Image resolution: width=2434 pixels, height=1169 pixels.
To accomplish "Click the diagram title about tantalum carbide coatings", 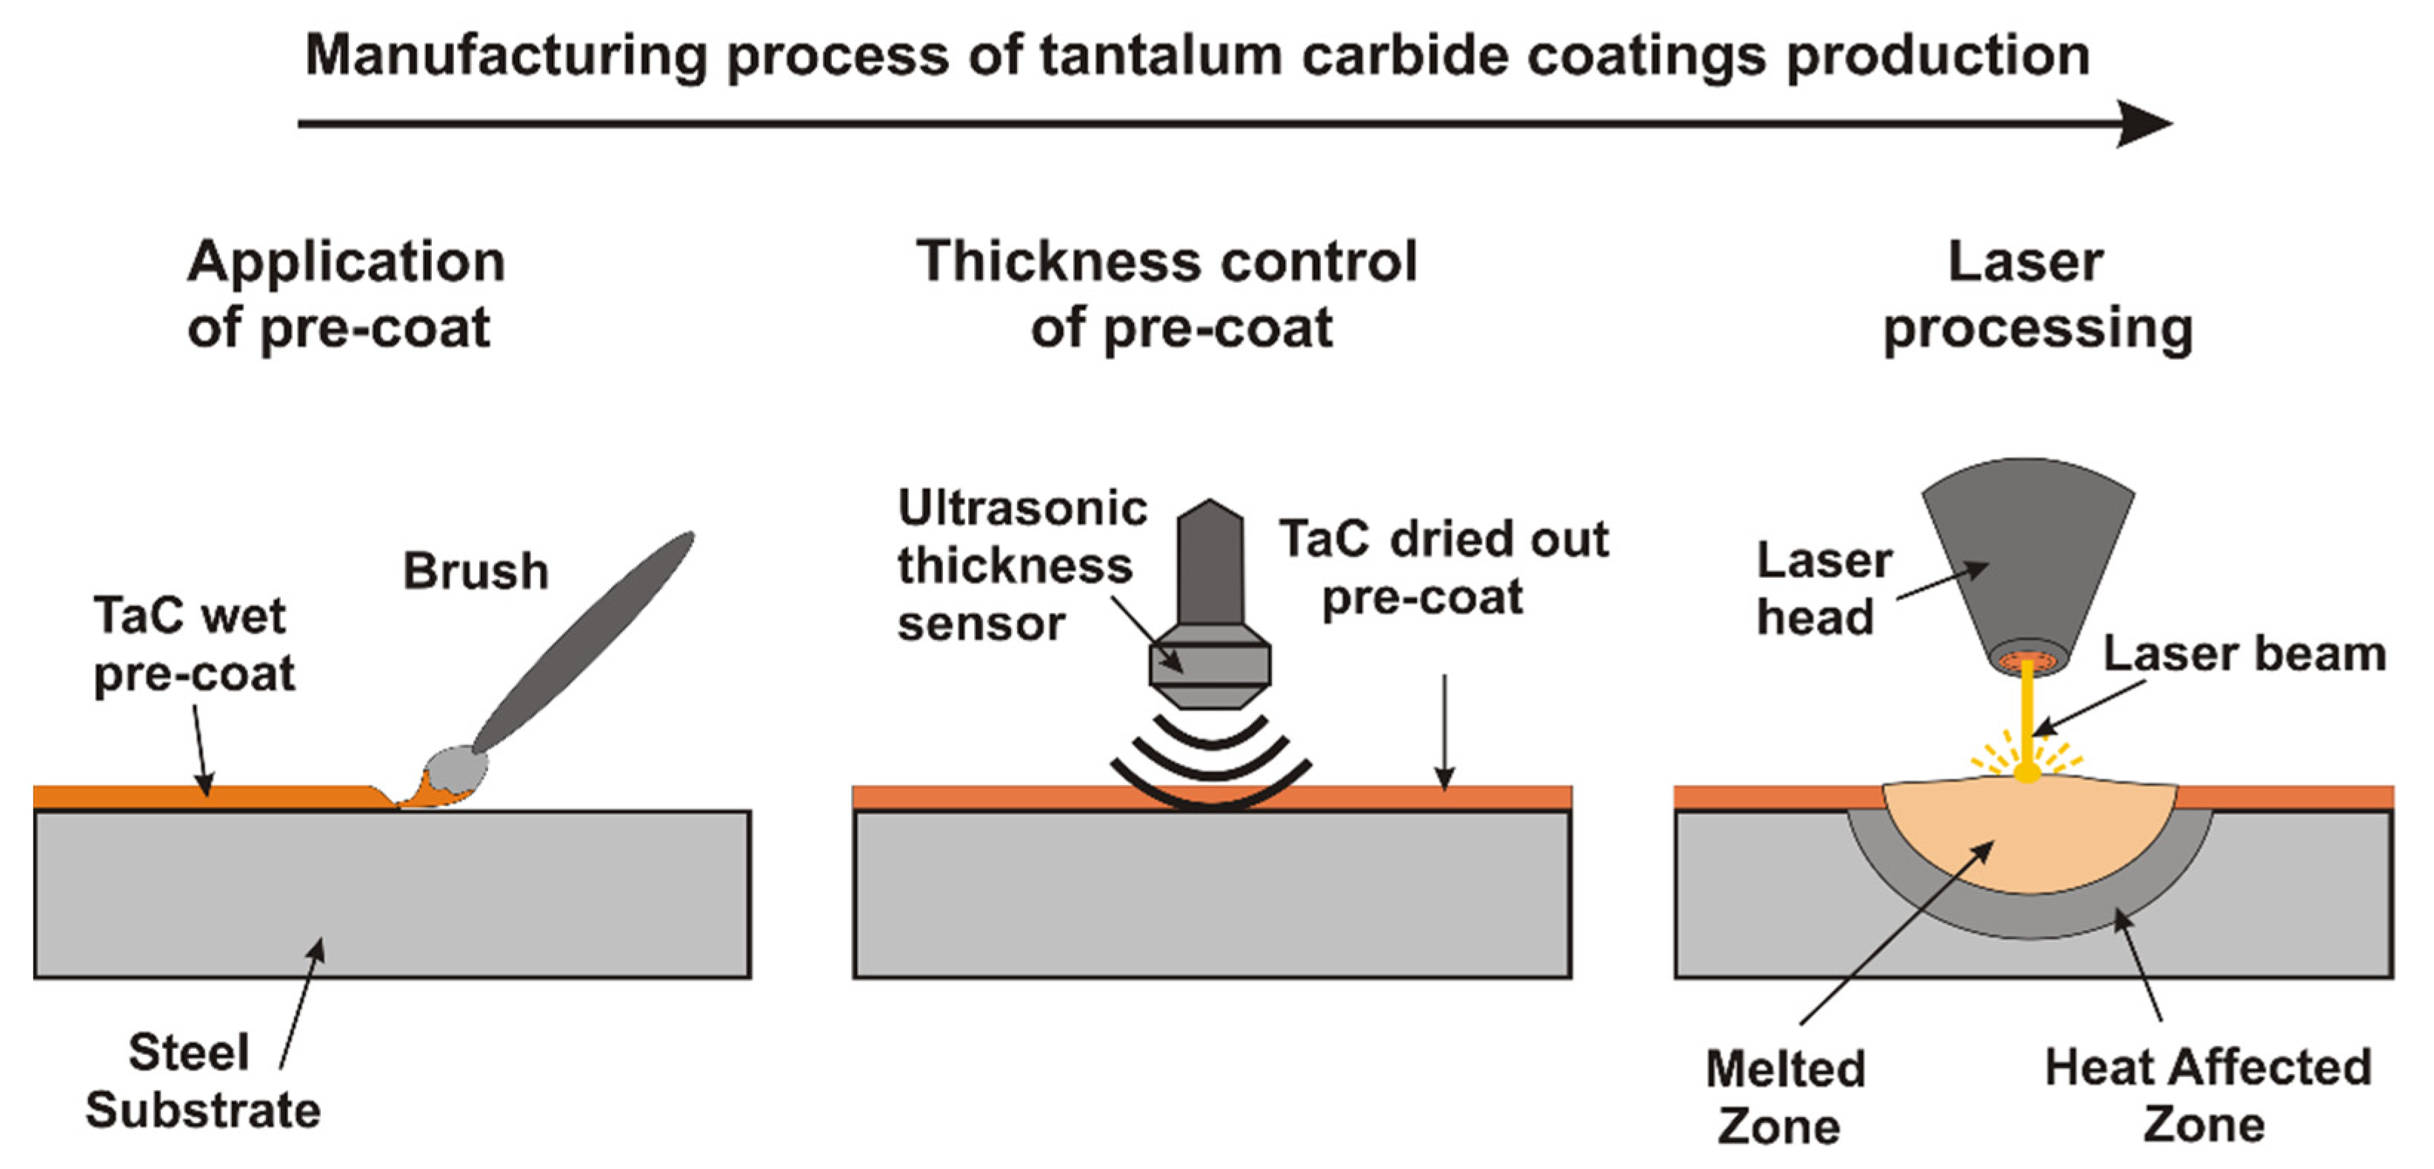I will [x=1196, y=55].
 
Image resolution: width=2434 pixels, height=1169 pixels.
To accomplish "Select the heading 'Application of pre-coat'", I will [x=345, y=294].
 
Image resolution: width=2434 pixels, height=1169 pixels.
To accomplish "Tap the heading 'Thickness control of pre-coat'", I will [x=1167, y=294].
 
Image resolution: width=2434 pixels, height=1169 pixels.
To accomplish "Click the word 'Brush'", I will [x=476, y=571].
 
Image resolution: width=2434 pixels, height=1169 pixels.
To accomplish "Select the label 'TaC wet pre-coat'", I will [x=194, y=645].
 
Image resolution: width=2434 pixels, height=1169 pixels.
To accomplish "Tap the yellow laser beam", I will [x=2027, y=719].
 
